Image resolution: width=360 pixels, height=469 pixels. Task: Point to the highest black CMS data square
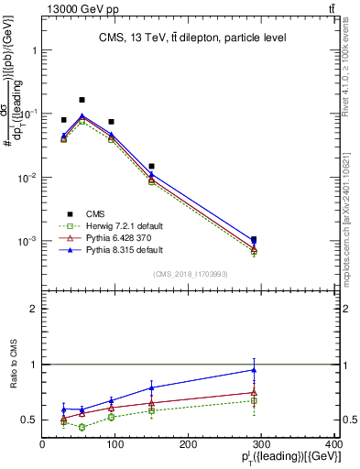[82, 99]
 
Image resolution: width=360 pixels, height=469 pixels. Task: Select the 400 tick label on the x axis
[334, 445]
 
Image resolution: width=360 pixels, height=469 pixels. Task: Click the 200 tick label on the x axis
[189, 445]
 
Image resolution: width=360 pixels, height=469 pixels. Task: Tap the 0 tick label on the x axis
[42, 445]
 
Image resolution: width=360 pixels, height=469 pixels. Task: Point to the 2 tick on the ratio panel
[34, 309]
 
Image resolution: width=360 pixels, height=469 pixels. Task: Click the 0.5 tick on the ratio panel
[29, 420]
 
